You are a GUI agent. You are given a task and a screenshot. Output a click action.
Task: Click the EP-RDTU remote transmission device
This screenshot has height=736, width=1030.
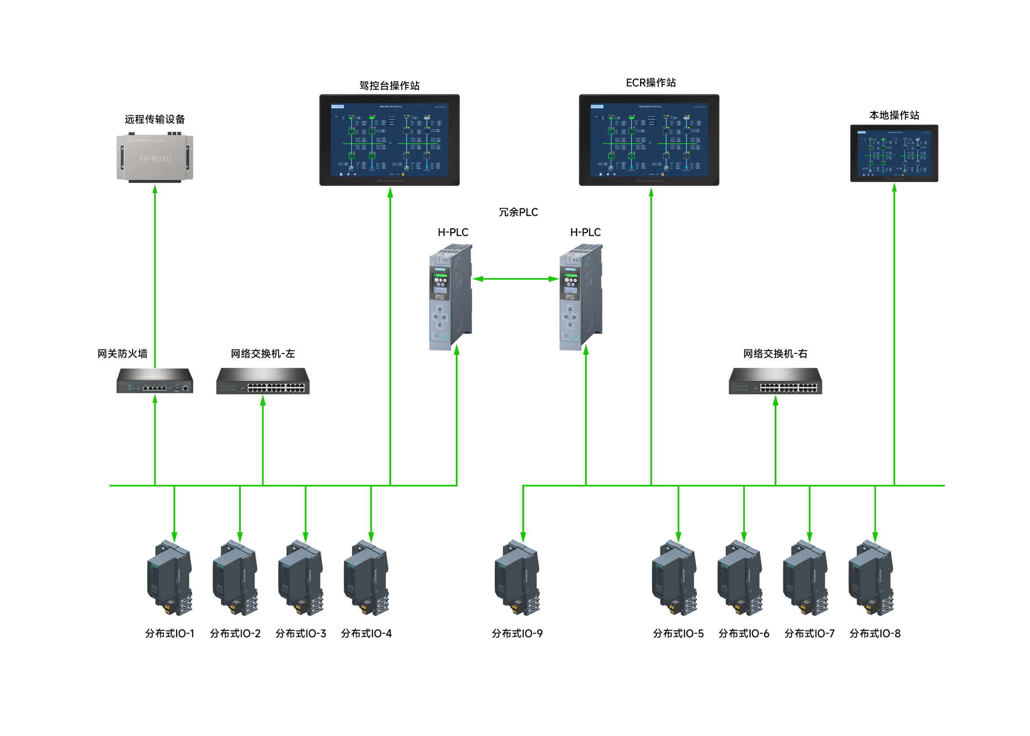point(155,158)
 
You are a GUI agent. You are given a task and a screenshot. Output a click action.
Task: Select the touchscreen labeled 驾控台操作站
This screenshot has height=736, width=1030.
point(389,140)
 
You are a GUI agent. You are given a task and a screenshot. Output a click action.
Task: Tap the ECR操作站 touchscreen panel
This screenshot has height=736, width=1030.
point(649,140)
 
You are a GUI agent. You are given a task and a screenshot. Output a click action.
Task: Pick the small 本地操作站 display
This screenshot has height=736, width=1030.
point(894,153)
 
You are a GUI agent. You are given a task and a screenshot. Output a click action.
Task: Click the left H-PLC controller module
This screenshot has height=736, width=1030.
point(450,297)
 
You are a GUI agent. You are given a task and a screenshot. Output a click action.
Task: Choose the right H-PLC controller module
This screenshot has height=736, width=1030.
point(581,297)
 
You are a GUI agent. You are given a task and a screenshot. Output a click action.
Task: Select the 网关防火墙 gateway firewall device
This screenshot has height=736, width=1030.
point(155,380)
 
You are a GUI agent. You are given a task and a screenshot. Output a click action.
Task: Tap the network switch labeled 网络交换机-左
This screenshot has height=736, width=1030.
point(263,381)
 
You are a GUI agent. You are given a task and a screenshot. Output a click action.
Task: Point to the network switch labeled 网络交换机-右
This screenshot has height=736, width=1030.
point(775,381)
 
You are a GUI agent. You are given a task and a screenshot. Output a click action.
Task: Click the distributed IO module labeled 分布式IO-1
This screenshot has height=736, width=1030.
point(170,578)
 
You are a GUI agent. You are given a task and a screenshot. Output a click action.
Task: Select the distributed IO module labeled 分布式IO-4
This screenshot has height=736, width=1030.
point(367,578)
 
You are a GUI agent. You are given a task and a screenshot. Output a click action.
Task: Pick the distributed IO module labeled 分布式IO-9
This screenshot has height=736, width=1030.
point(517,578)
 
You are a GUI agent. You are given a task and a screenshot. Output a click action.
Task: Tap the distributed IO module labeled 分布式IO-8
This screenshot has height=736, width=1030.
point(871,578)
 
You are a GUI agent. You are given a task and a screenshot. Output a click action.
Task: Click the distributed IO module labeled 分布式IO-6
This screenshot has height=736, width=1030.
point(740,578)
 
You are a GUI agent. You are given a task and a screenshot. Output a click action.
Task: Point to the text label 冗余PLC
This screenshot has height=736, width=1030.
point(518,212)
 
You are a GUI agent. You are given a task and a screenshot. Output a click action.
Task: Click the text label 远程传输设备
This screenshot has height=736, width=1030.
point(155,119)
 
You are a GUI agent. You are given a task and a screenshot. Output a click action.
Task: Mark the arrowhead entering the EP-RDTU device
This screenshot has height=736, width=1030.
point(155,188)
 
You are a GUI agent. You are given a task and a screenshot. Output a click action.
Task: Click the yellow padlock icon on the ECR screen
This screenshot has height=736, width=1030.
point(662,174)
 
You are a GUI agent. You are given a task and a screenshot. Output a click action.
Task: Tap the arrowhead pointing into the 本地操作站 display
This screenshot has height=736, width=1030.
point(894,187)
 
